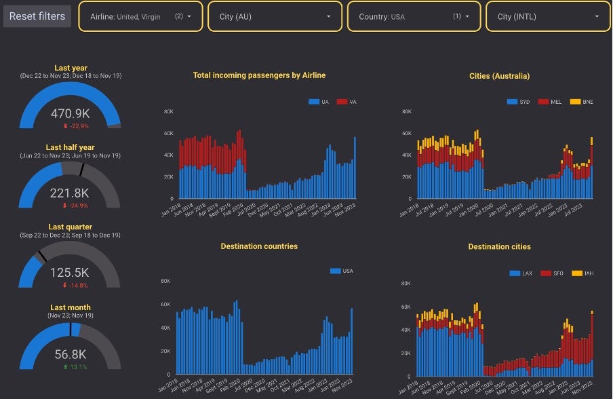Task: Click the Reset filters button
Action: pos(37,16)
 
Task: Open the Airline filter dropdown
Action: pos(140,16)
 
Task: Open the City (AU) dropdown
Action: pos(275,16)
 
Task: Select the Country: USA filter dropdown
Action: pos(414,16)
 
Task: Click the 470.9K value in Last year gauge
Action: pos(71,113)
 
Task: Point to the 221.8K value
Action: pos(70,193)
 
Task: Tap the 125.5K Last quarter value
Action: pos(70,273)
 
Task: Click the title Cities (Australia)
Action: pos(499,76)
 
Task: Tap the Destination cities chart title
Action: pos(499,247)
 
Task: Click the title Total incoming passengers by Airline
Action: pos(260,75)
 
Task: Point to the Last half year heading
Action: pos(71,147)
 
